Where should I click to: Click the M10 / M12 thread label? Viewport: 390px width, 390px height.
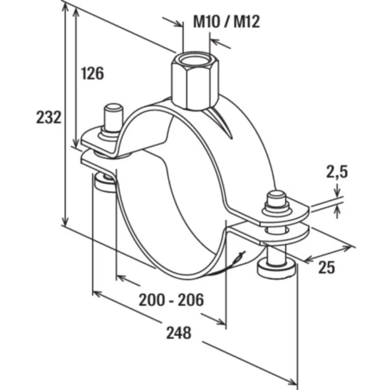pos(226,21)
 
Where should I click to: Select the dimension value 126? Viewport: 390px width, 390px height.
pos(92,73)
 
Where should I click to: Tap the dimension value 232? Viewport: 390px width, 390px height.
pos(49,117)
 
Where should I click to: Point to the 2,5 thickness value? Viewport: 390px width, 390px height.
pos(337,172)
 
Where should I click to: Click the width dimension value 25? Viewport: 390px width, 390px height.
pos(326,268)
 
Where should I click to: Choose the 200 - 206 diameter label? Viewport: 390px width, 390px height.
pos(171,300)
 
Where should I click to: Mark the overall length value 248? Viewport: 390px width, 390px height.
pos(179,333)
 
